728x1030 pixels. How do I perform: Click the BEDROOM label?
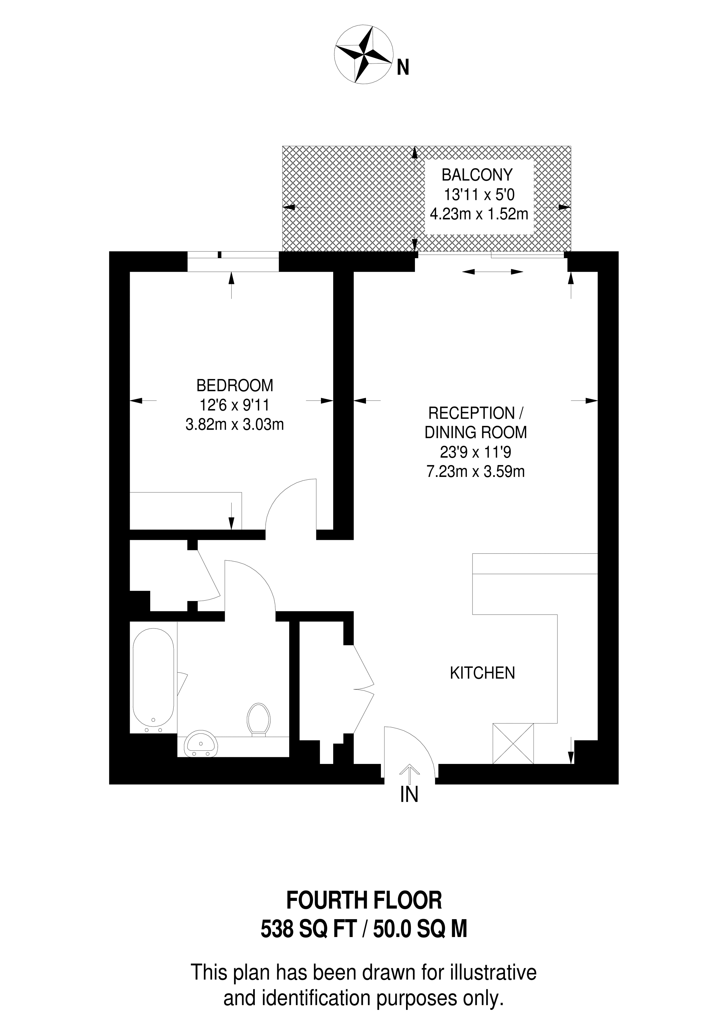(x=235, y=385)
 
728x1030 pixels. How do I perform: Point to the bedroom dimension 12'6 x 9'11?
(x=234, y=405)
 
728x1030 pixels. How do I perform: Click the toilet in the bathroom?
(x=258, y=719)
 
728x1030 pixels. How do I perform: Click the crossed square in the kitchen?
(x=513, y=743)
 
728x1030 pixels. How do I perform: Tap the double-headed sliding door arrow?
(x=492, y=271)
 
